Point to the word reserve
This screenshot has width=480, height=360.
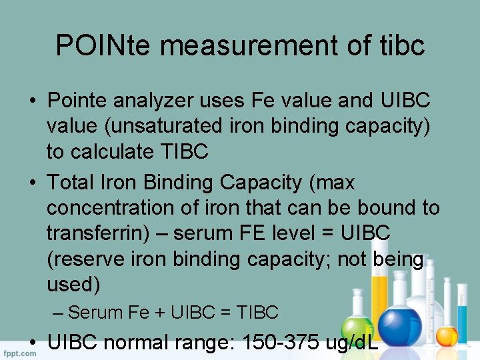click(x=92, y=259)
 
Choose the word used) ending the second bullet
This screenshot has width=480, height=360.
click(x=73, y=285)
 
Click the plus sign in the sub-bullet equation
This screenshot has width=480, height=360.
click(x=161, y=312)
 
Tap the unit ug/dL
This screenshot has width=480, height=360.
click(x=351, y=343)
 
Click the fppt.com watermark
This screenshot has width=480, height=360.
click(x=19, y=353)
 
